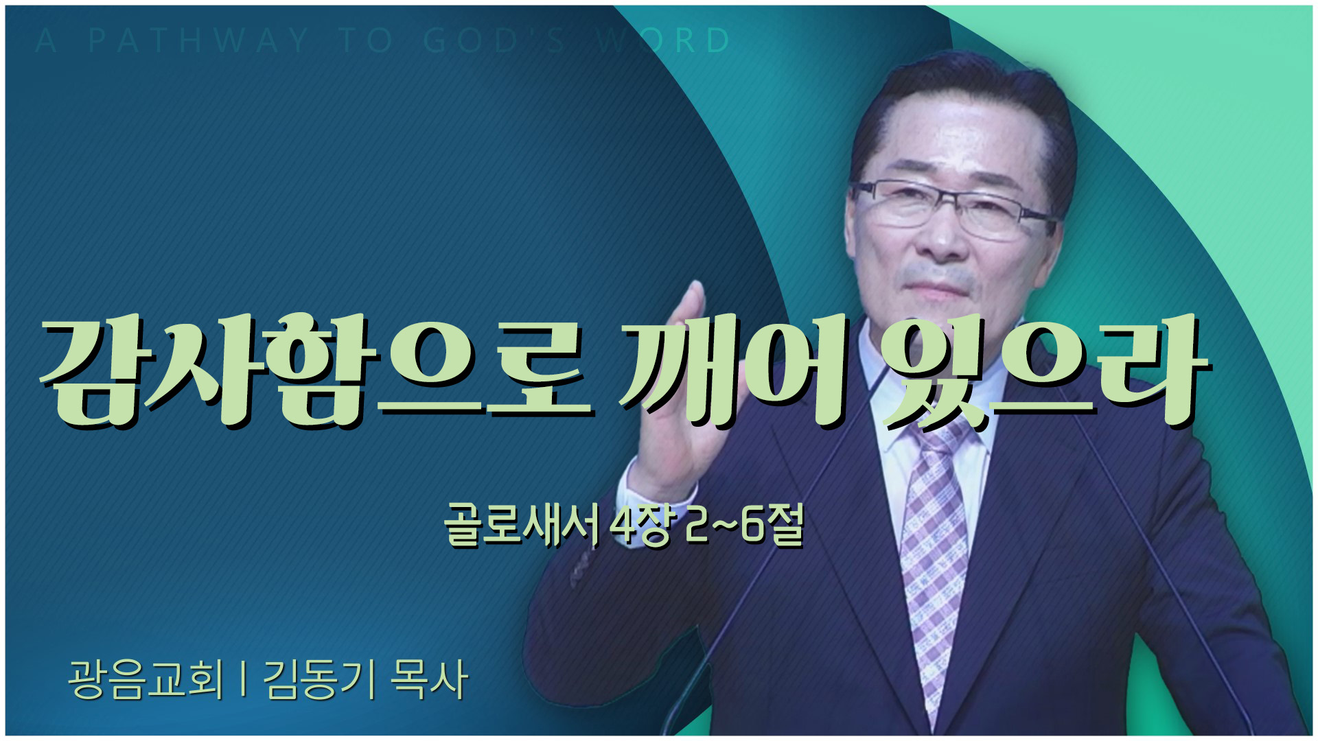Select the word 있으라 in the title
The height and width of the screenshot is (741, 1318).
pyautogui.click(x=1043, y=370)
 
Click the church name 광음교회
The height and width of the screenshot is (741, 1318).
pyautogui.click(x=146, y=680)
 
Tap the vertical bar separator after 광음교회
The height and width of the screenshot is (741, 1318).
pyautogui.click(x=244, y=680)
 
